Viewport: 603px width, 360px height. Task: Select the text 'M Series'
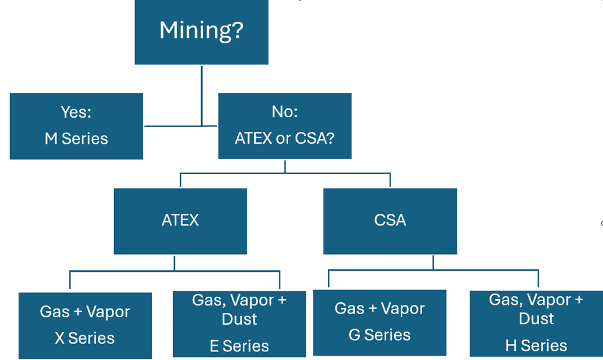pos(76,139)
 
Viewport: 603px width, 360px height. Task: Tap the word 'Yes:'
pos(76,112)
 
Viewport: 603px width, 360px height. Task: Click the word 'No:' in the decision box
pos(284,112)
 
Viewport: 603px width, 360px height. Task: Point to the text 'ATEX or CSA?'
pos(284,138)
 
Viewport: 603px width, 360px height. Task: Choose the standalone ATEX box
pos(180,221)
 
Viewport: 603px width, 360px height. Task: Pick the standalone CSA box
pos(390,221)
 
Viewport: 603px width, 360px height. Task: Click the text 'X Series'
pos(85,338)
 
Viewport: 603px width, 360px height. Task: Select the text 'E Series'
pos(239,346)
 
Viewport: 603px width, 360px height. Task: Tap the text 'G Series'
pos(380,335)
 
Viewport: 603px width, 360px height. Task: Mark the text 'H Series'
pos(536,346)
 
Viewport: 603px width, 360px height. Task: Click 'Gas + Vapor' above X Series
pos(85,312)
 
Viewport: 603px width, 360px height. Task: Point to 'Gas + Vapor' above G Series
pos(380,309)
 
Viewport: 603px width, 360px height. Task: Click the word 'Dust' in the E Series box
pos(239,320)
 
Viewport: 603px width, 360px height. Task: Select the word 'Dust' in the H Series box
pos(536,319)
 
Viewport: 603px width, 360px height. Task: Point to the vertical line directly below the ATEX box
pos(174,262)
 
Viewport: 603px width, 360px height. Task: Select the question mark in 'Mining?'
pos(236,30)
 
